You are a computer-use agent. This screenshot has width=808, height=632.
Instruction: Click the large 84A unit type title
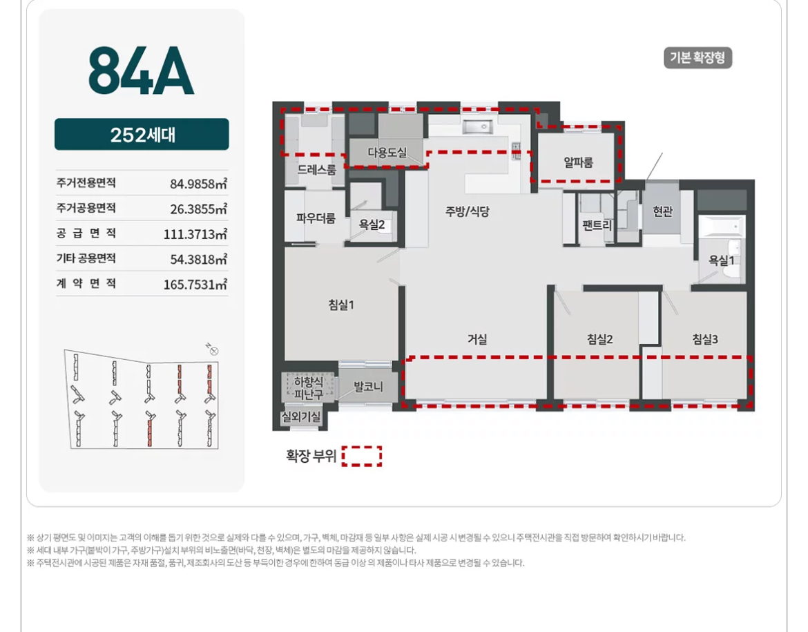click(x=141, y=70)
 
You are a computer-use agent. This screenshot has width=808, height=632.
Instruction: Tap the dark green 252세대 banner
click(x=142, y=134)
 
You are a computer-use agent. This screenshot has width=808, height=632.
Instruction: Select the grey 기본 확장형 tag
click(x=698, y=57)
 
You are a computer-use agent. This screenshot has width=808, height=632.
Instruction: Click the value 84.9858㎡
click(x=198, y=184)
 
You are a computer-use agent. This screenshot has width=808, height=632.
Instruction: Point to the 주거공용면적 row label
click(x=86, y=208)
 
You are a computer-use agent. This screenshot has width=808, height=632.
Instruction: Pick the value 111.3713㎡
click(x=195, y=234)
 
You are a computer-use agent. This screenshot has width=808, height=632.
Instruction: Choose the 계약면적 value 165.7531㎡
click(x=195, y=285)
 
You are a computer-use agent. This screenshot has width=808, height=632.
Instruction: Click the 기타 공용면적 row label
click(x=86, y=258)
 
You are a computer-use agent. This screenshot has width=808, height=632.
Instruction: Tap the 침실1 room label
click(x=341, y=305)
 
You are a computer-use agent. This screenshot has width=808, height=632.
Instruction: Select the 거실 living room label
click(x=477, y=339)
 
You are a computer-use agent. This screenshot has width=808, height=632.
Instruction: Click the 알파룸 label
click(x=578, y=162)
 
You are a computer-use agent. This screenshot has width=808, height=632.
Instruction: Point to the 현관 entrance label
click(x=663, y=211)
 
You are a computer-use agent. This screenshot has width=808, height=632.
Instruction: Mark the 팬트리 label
click(x=597, y=225)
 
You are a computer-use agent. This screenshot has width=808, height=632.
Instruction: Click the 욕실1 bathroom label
click(x=721, y=260)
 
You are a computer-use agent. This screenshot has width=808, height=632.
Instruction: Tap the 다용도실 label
click(x=387, y=153)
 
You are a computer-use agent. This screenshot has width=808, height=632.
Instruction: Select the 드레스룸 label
click(x=317, y=170)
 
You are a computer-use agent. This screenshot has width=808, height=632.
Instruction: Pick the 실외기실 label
click(x=300, y=416)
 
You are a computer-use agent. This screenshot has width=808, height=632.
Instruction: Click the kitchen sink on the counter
click(x=477, y=126)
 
